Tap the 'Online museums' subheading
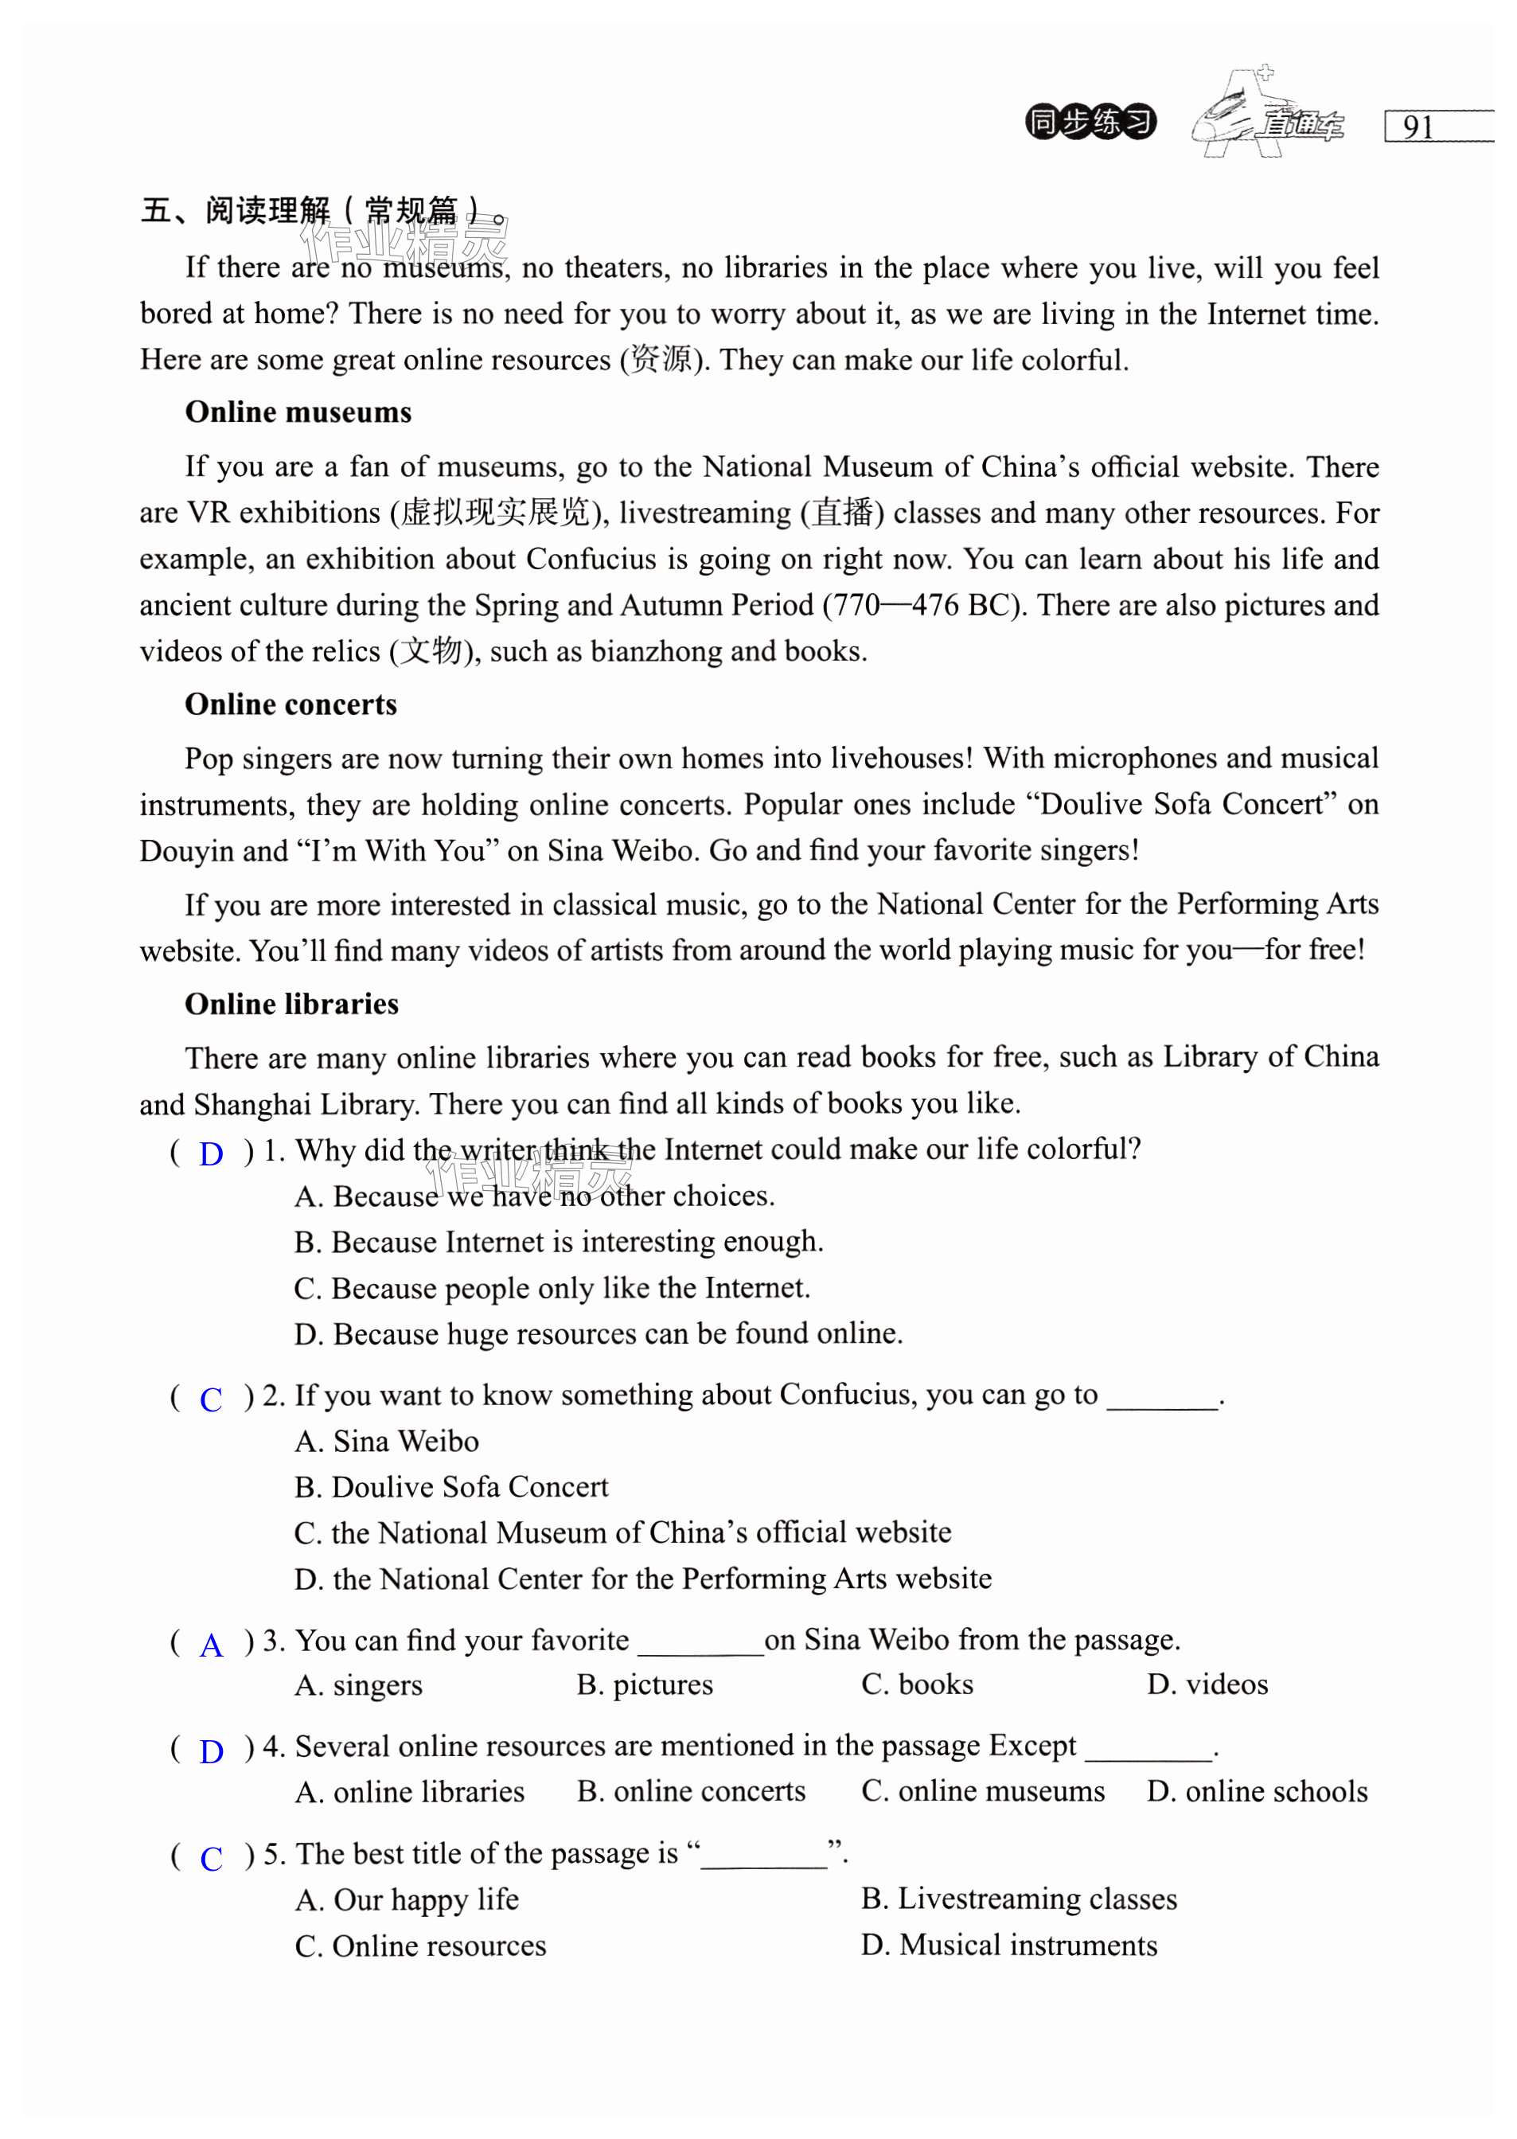[x=298, y=412]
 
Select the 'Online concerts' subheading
[x=291, y=705]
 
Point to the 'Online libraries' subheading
[x=291, y=1004]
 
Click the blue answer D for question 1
[x=211, y=1154]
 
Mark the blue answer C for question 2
[x=211, y=1399]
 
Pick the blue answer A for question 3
[x=212, y=1645]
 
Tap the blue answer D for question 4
[x=212, y=1751]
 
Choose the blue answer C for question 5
[x=212, y=1858]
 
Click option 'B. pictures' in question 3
[x=645, y=1685]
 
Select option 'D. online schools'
[x=1257, y=1792]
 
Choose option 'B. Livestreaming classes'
[x=1018, y=1899]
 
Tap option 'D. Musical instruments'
[x=1009, y=1945]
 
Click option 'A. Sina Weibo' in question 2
[x=387, y=1441]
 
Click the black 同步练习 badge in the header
[x=1090, y=123]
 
